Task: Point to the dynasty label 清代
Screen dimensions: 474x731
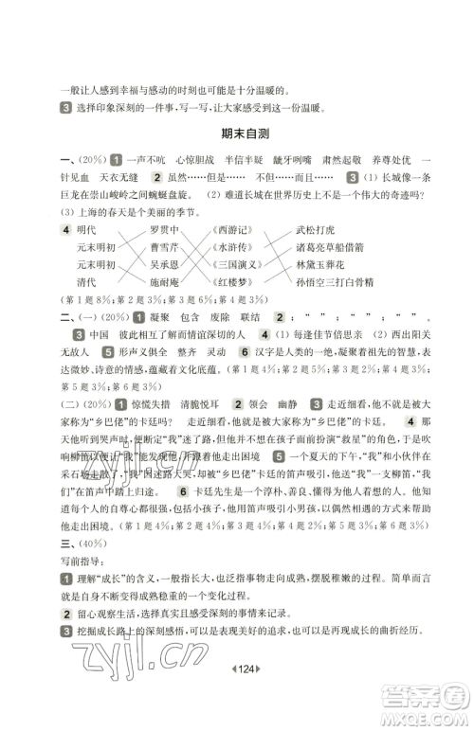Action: pyautogui.click(x=86, y=282)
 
